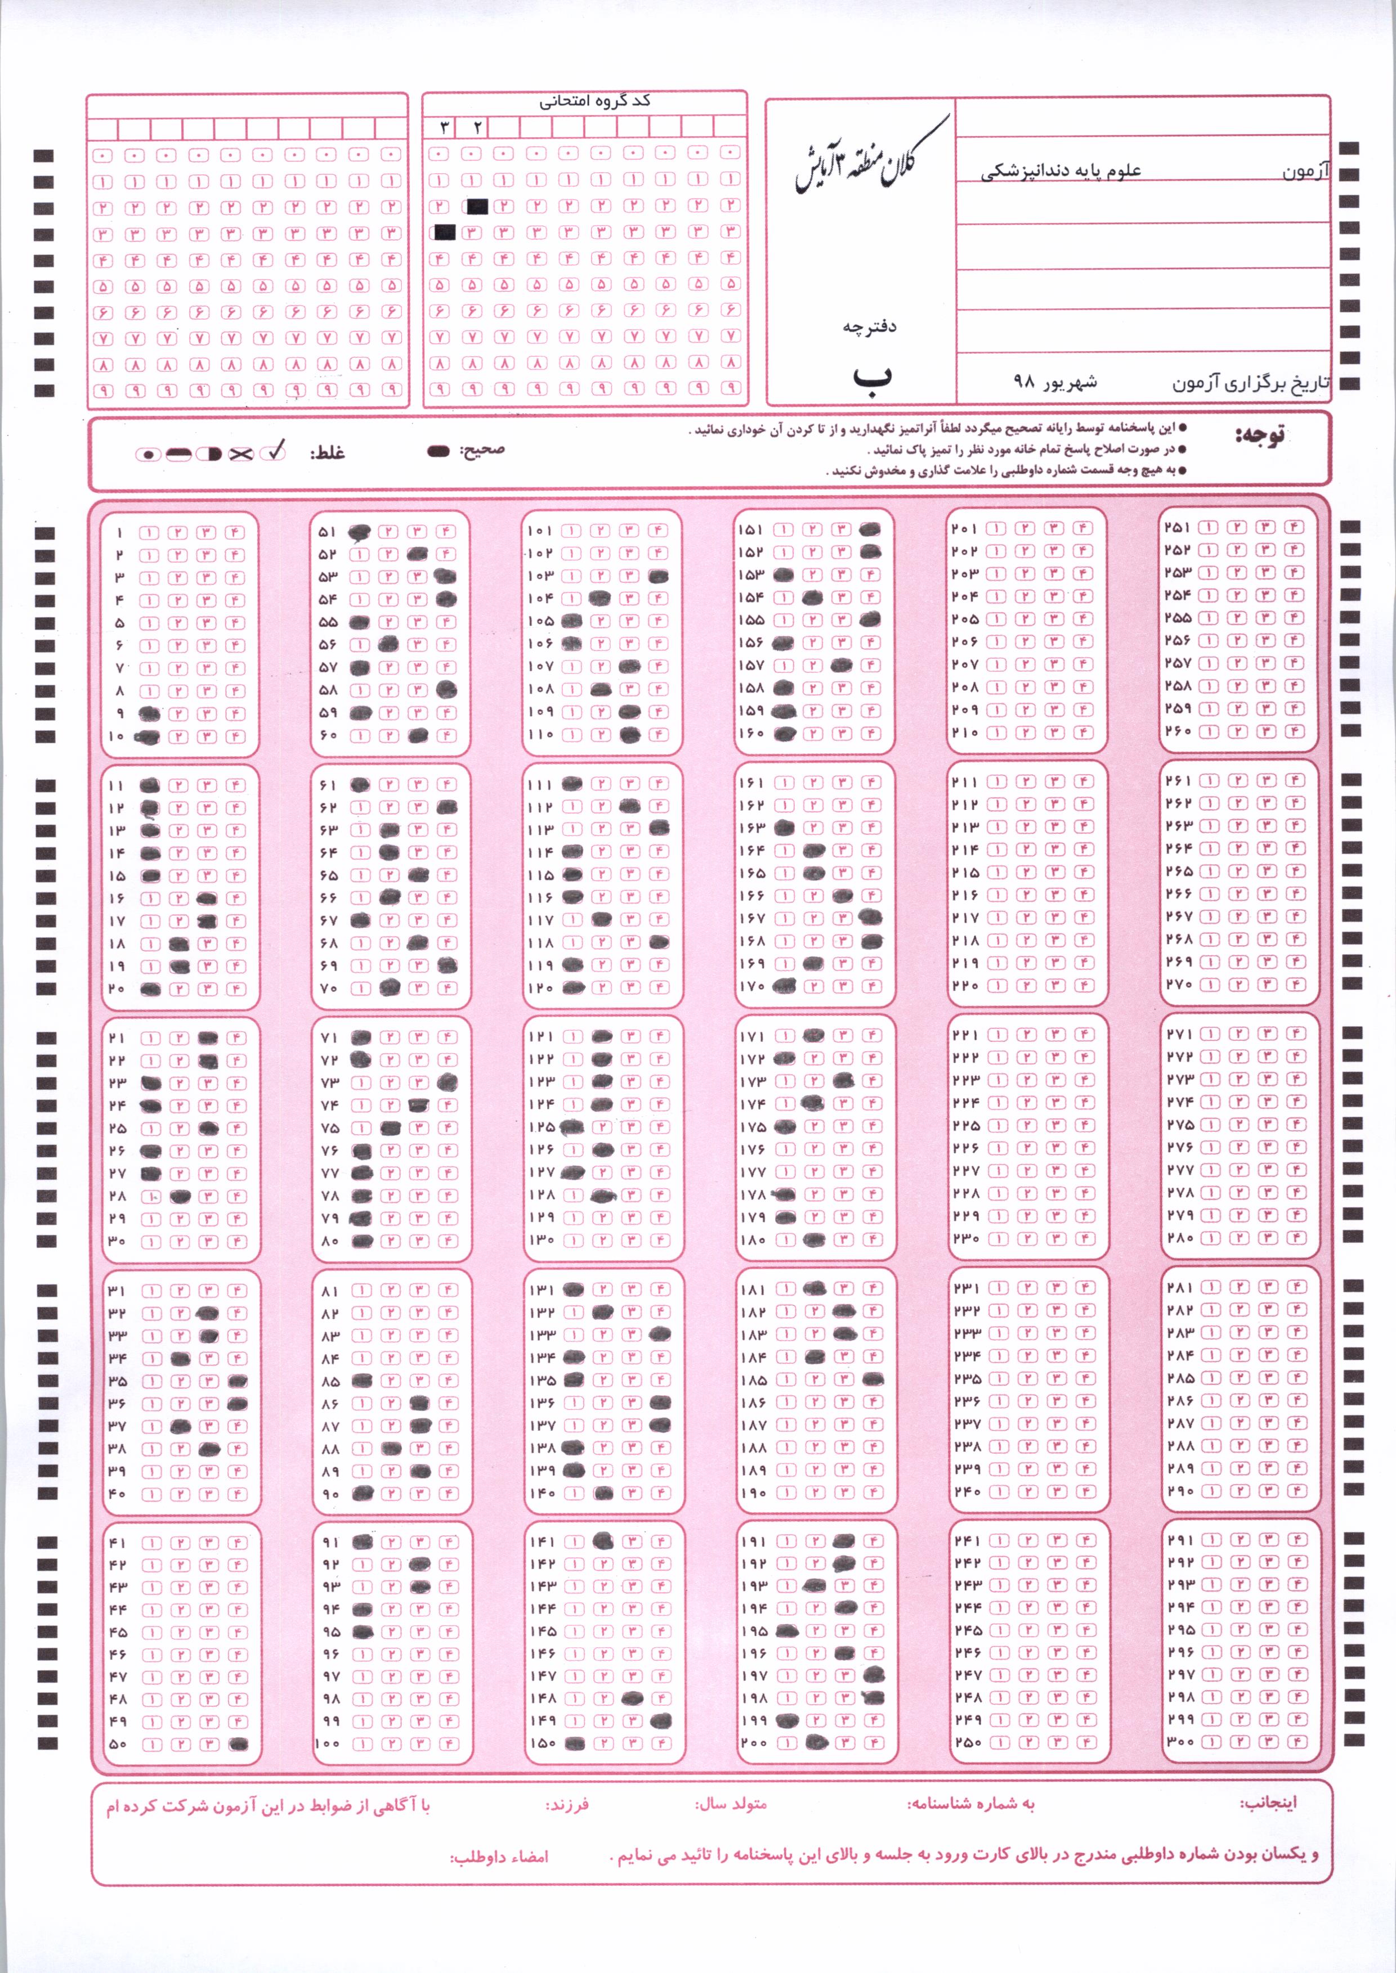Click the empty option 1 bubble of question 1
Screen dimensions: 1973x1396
[x=150, y=532]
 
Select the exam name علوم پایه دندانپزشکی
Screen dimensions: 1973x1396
[x=1062, y=170]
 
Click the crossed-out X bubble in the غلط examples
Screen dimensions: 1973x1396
[x=241, y=453]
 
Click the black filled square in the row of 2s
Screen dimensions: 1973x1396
[x=477, y=206]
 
